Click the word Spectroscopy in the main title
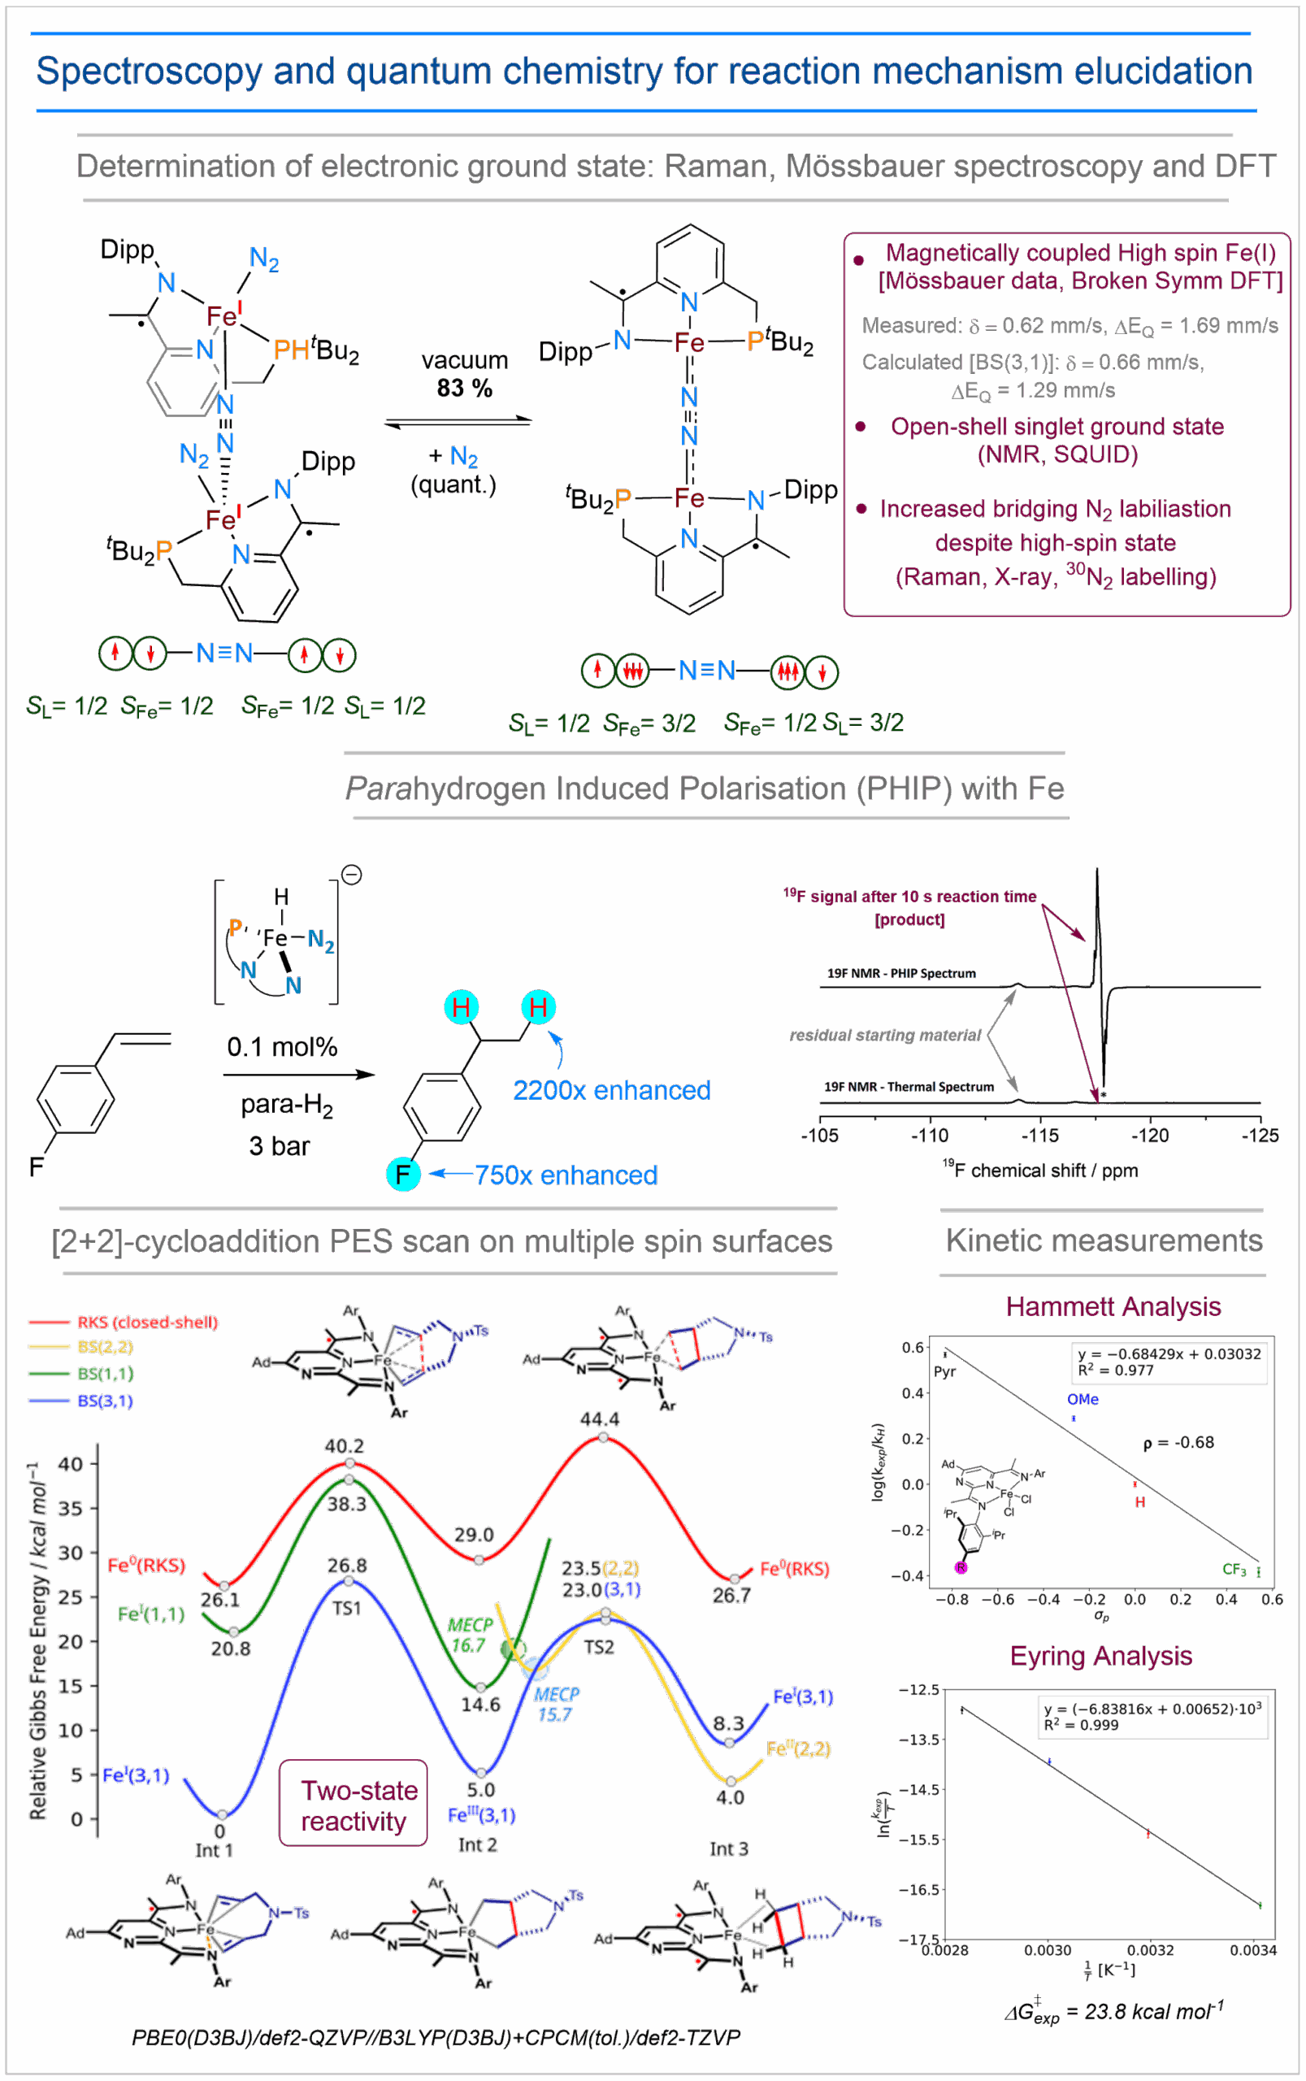149,71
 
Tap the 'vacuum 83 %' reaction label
464,374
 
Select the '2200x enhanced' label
611,1090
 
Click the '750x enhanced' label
566,1175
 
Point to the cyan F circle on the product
402,1174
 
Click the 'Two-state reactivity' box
354,1805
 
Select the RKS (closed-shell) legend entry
147,1322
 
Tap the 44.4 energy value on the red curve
600,1419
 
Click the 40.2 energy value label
344,1446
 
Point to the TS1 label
346,1608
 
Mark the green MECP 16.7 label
469,1636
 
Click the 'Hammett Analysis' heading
1113,1306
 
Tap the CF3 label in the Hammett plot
1234,1570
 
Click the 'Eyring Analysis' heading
1100,1656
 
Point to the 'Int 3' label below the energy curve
728,1849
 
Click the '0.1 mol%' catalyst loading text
281,1047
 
